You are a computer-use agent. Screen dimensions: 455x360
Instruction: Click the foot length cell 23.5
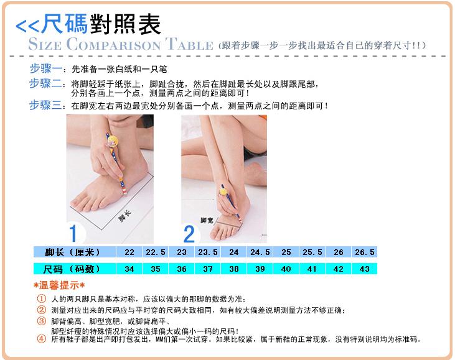208,252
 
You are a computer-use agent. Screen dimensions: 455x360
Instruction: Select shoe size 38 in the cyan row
234,269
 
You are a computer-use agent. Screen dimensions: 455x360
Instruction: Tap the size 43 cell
365,269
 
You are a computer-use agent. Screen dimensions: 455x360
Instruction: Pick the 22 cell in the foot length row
129,252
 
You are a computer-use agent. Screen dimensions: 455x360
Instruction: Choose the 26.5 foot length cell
365,252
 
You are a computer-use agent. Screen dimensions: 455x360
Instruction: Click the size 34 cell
129,269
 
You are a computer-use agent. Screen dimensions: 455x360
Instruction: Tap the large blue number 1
73,233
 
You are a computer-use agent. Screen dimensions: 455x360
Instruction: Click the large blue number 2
189,234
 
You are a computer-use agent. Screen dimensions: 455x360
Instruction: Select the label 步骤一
46,68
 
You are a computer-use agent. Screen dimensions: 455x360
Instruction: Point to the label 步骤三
46,105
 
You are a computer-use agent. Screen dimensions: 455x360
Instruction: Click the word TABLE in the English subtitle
189,44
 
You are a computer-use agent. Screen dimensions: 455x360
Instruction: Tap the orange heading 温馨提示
59,285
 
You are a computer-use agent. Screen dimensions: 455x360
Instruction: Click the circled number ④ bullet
42,338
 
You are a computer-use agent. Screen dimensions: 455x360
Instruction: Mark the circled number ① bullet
42,298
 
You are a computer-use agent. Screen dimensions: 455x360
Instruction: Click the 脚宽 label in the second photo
207,221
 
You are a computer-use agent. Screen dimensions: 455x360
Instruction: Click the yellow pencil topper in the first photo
113,141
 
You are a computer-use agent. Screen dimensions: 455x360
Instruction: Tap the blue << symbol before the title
27,26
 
